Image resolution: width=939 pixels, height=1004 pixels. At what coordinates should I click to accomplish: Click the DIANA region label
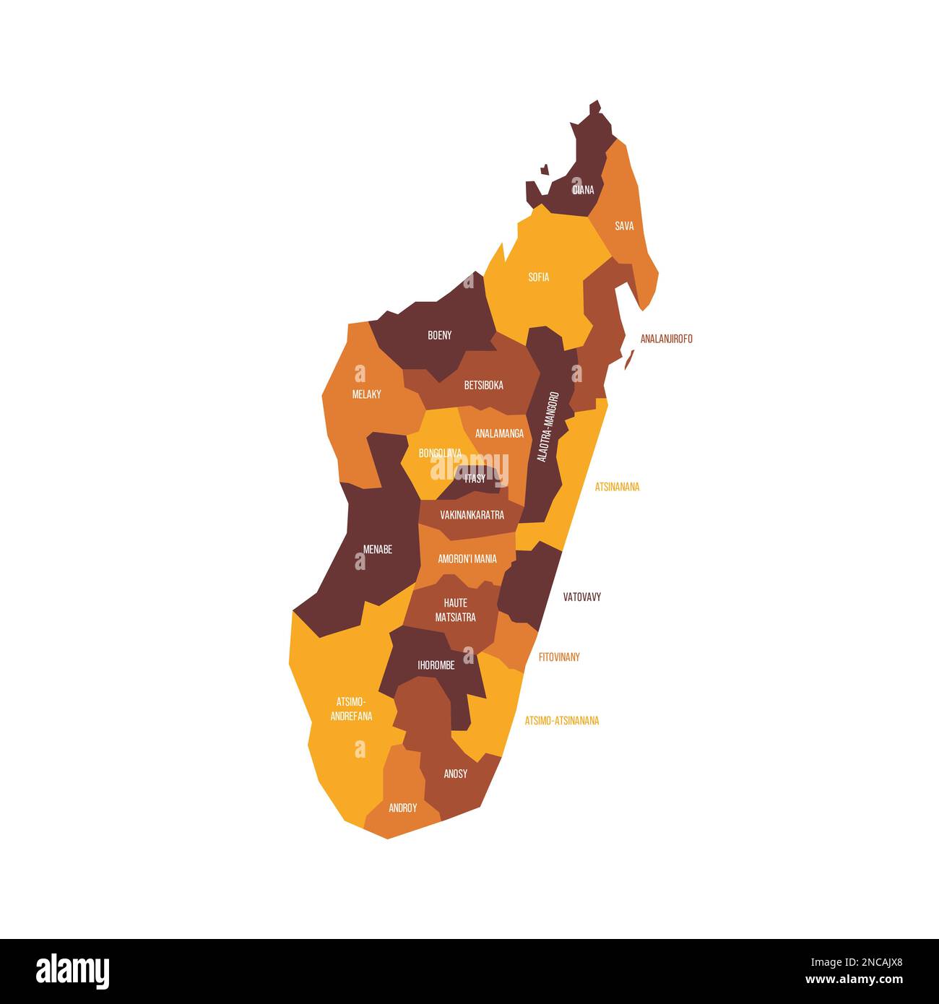pos(583,190)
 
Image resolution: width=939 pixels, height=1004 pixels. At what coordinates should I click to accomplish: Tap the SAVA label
pos(624,226)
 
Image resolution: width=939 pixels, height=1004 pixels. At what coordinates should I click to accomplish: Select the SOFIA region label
pos(539,277)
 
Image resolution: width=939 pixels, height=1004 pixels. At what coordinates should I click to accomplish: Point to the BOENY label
pos(439,335)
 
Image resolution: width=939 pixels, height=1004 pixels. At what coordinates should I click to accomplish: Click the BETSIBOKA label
pos(483,386)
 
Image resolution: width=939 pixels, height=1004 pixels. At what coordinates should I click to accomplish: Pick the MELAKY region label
pos(366,394)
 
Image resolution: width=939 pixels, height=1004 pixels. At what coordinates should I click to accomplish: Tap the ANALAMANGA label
pos(499,434)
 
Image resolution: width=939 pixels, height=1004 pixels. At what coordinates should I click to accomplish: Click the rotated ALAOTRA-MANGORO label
pos(548,427)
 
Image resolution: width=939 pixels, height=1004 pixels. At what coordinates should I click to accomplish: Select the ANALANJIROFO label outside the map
pos(666,339)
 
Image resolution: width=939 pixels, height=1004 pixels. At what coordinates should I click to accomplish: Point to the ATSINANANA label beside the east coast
pos(617,487)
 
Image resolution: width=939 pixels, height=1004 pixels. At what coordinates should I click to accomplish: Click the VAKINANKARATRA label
pos(472,515)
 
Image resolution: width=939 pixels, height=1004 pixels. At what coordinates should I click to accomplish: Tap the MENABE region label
pos(377,550)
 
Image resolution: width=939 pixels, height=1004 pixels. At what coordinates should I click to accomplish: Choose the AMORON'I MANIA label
pos(467,559)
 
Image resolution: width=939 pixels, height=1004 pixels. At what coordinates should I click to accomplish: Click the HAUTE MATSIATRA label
pos(455,610)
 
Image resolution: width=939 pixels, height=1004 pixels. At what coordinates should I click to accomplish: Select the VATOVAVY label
pos(581,597)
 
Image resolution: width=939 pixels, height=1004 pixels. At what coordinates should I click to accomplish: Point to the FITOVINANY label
pos(559,657)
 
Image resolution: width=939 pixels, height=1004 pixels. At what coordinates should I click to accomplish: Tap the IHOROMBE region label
pos(436,666)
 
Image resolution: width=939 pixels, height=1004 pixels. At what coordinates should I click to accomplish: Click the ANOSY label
pos(455,774)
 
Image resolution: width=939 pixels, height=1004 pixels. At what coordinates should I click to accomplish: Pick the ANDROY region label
pos(402,808)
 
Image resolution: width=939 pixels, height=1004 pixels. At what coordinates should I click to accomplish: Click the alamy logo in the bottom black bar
pos(72,971)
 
